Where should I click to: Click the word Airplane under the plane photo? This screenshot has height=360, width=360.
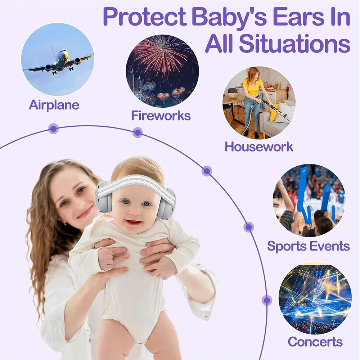[54, 105]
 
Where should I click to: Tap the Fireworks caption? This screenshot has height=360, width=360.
[161, 115]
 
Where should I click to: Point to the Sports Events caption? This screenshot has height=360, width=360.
[309, 246]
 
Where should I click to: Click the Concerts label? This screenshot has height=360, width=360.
[315, 341]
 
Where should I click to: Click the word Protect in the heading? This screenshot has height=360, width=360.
[144, 17]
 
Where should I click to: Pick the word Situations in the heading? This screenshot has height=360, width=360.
[294, 43]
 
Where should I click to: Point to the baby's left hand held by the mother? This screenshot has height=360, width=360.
[106, 258]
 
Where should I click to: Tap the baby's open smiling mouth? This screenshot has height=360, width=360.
[134, 222]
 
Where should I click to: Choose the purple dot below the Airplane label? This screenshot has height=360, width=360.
[54, 129]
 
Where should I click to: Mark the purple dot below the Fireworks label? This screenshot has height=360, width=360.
[138, 132]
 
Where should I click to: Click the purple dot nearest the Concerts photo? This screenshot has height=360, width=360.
[267, 300]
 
